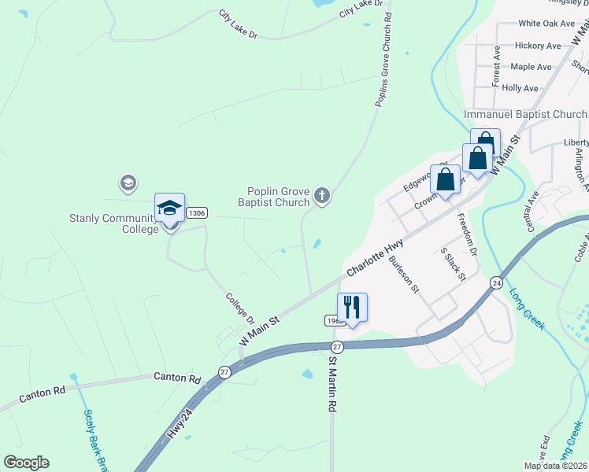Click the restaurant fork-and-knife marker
pos(352,306)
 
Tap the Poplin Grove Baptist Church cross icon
pos(321,194)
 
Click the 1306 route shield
pos(197,212)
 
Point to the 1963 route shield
pos(332,321)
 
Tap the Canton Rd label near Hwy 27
pos(178,378)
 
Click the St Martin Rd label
pos(332,386)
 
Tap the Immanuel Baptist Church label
pos(525,114)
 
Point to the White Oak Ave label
pos(546,24)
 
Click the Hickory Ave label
pos(538,46)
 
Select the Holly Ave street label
pos(520,88)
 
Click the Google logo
pos(26,463)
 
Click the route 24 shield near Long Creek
pos(496,282)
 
